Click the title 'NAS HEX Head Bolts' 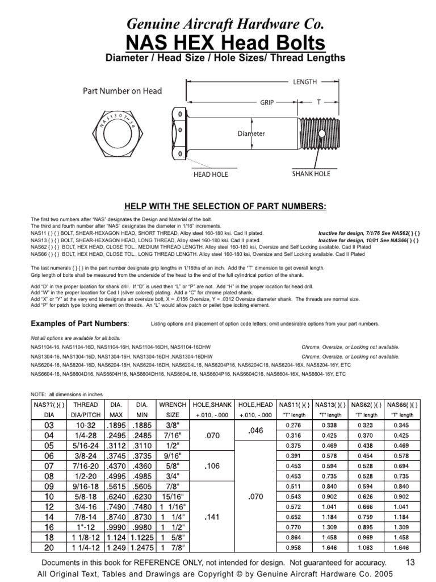(217, 43)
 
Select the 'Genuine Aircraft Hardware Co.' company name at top (217, 24)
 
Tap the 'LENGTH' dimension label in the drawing (304, 82)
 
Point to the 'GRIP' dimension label (267, 102)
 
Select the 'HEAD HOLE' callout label (211, 174)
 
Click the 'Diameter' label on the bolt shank (251, 134)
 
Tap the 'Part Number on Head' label (122, 90)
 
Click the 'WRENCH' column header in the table (173, 404)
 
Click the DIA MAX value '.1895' (116, 425)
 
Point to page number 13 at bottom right (411, 562)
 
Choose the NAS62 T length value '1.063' (366, 547)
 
